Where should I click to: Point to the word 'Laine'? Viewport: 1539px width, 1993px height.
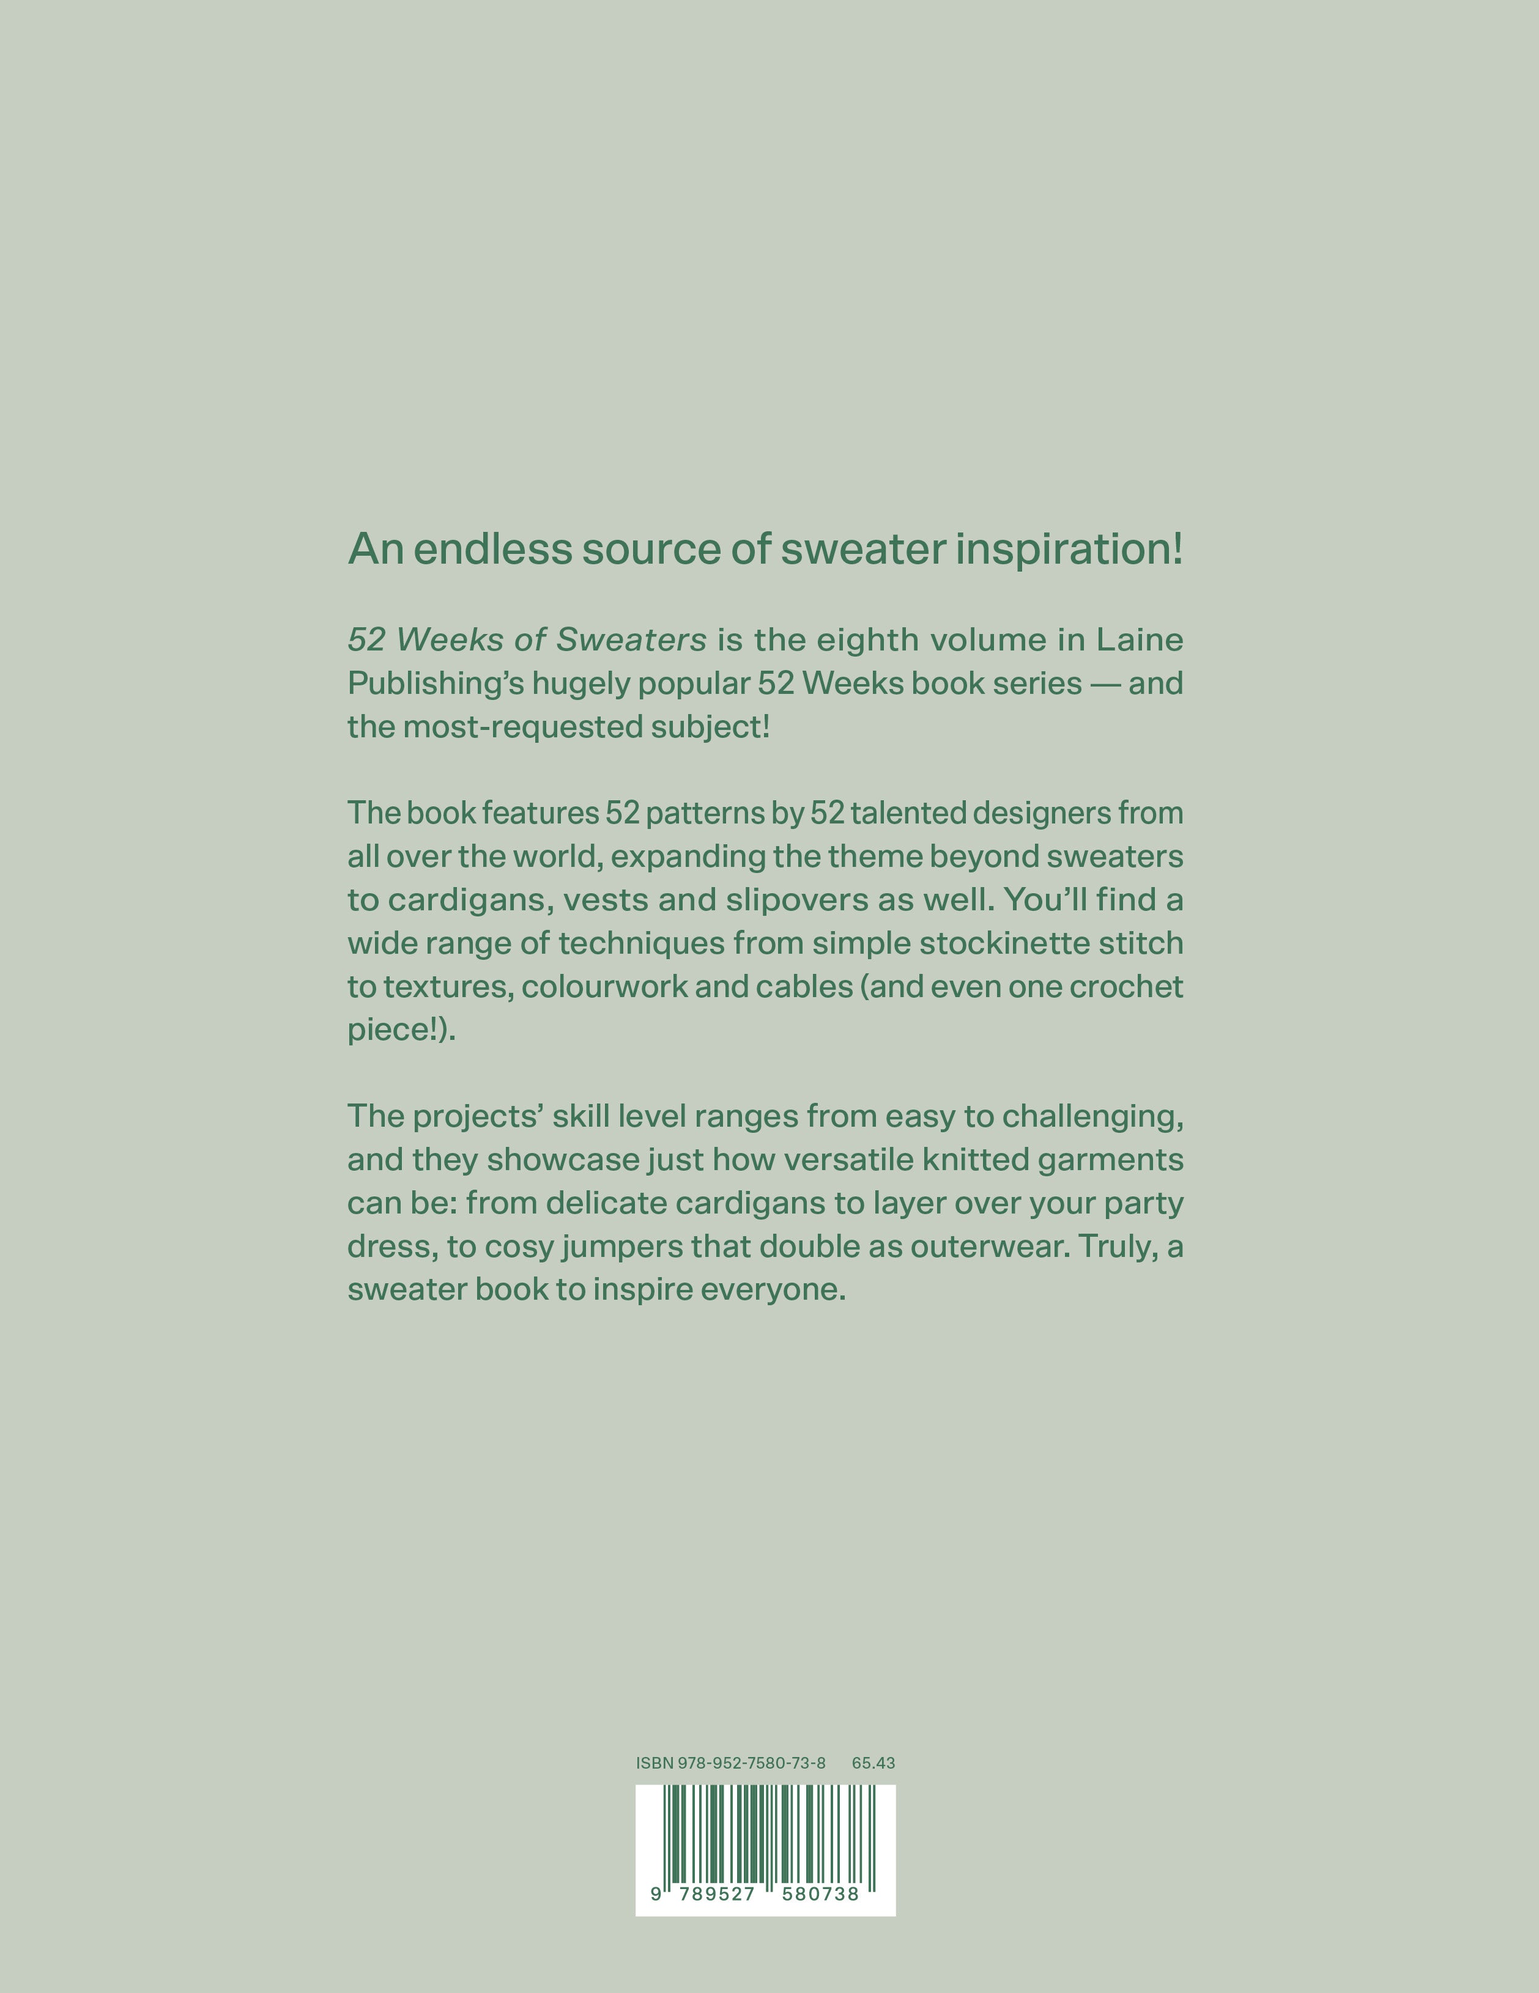click(1139, 639)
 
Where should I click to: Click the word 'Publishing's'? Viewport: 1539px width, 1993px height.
click(436, 683)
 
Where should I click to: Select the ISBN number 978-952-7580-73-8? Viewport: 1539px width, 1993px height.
click(751, 1763)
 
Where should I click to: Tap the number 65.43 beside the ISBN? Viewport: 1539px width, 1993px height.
click(873, 1763)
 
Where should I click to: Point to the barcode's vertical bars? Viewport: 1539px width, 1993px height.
click(767, 1834)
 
